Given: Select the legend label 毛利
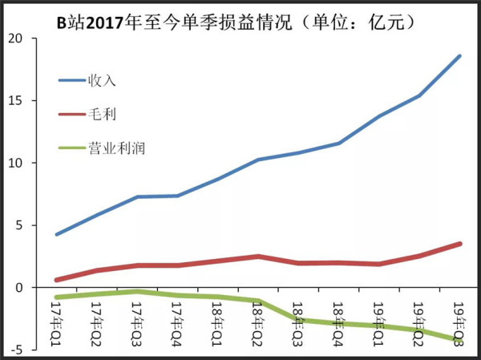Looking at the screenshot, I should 102,114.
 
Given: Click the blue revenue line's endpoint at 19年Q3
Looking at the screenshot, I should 460,56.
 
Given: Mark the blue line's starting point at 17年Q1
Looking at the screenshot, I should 56,234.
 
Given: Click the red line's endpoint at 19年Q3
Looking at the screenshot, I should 460,244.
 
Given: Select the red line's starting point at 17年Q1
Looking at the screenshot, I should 56,280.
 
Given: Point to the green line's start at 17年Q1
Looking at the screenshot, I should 56,297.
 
